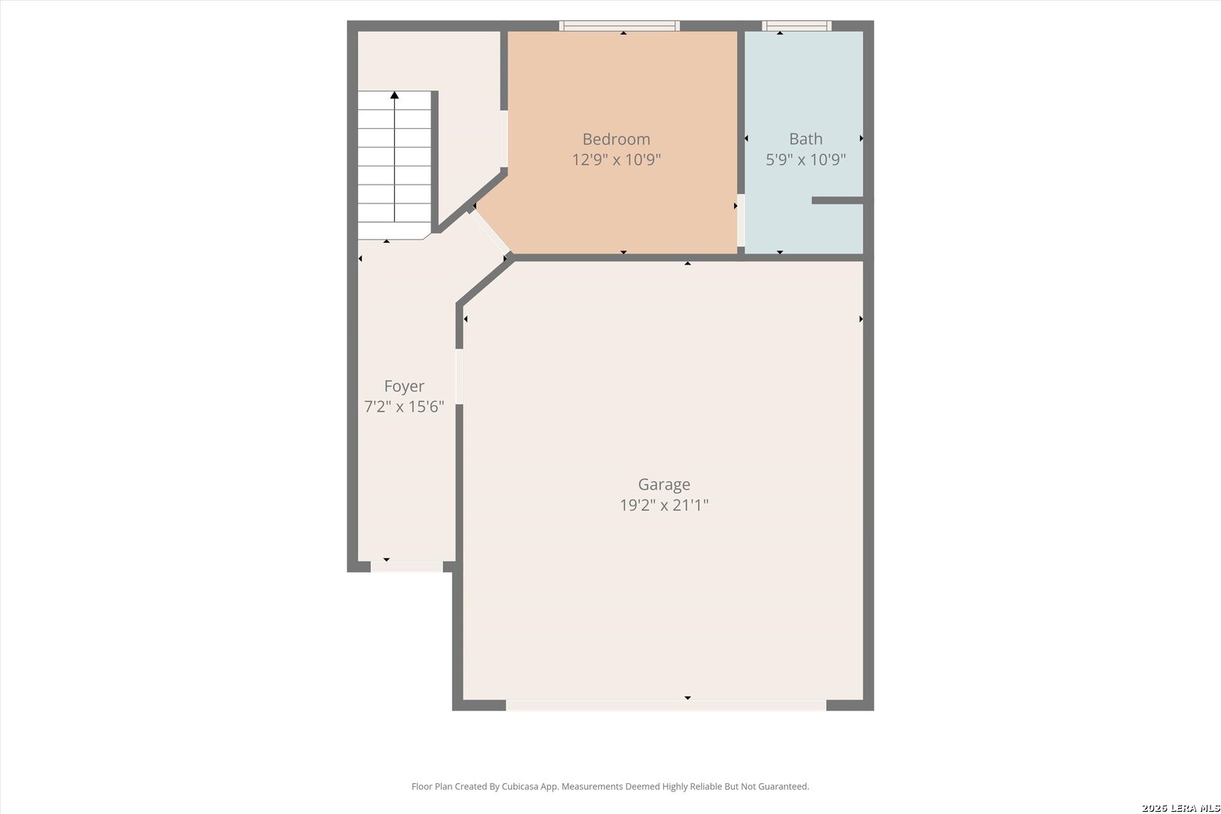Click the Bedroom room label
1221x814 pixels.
616,139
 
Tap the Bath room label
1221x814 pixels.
806,139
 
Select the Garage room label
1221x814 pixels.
664,485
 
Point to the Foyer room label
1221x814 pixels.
404,387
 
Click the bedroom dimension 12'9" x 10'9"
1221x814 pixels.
616,160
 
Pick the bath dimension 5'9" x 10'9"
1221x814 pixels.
806,160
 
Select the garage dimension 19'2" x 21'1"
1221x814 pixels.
664,505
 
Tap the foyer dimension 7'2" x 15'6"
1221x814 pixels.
404,407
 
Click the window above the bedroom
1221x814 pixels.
620,26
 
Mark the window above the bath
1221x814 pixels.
797,26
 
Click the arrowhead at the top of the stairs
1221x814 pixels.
395,96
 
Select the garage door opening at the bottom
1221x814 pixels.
666,705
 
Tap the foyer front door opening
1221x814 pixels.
407,567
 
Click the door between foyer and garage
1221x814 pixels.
460,377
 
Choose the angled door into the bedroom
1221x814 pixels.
490,231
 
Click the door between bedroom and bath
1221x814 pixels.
741,220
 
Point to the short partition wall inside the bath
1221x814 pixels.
837,200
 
